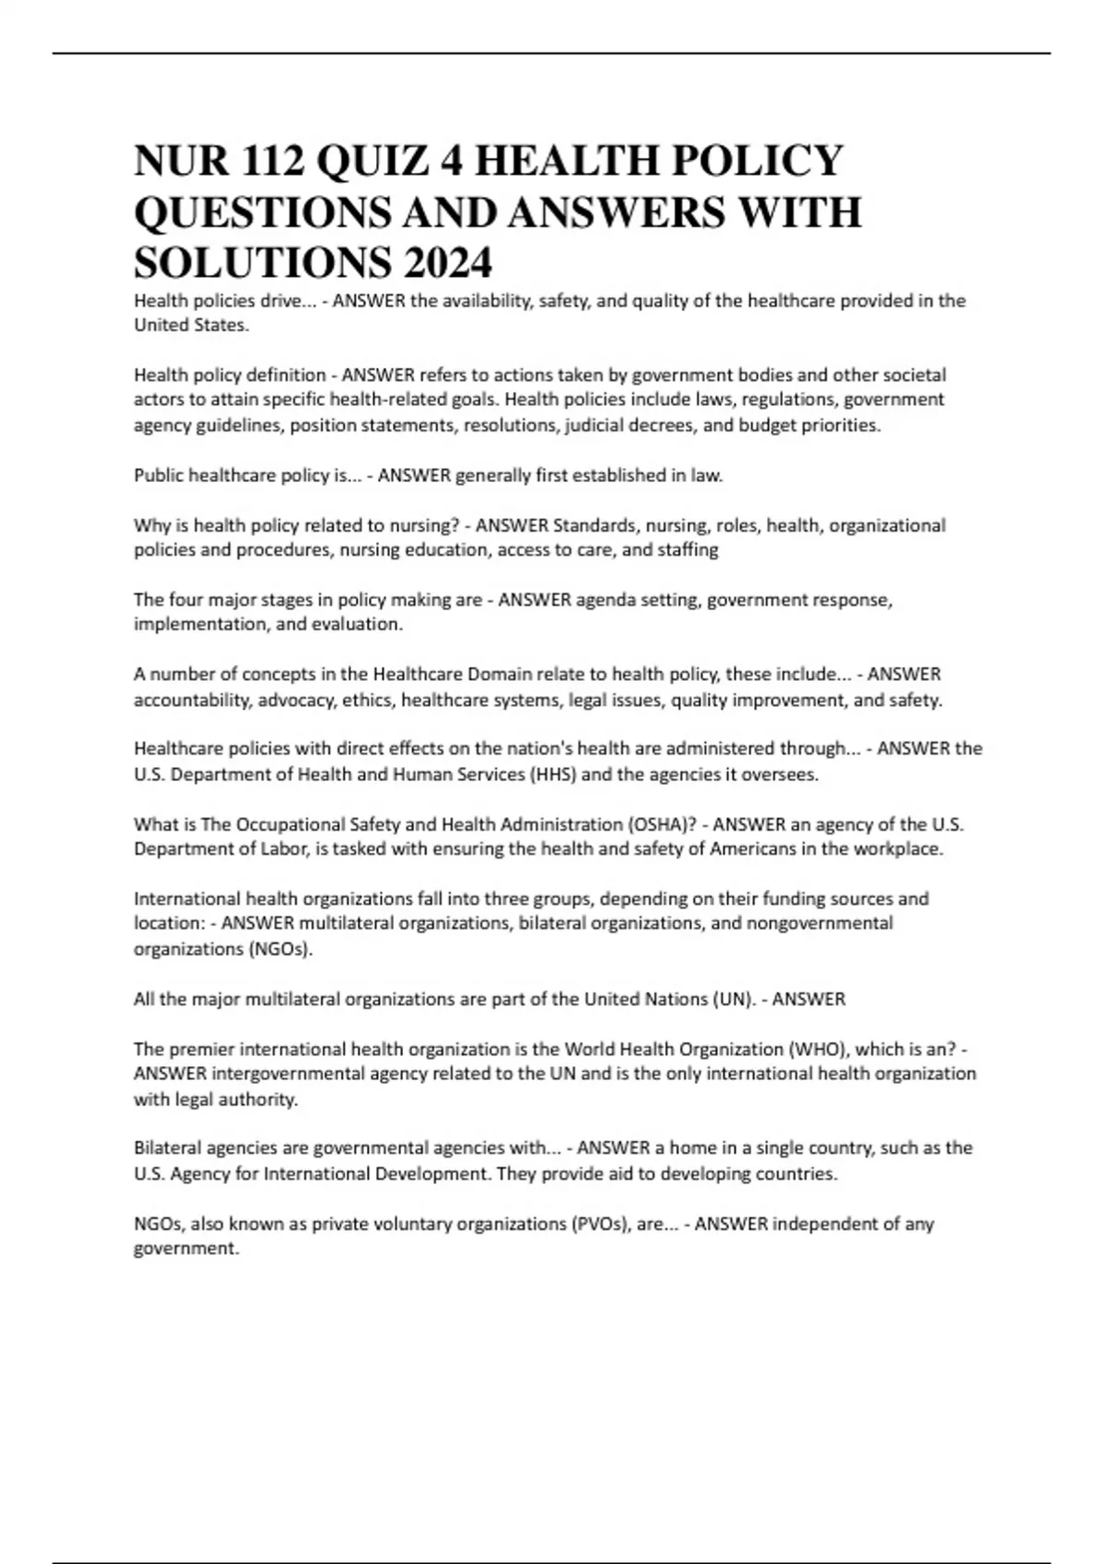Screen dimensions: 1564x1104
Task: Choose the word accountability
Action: click(193, 700)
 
